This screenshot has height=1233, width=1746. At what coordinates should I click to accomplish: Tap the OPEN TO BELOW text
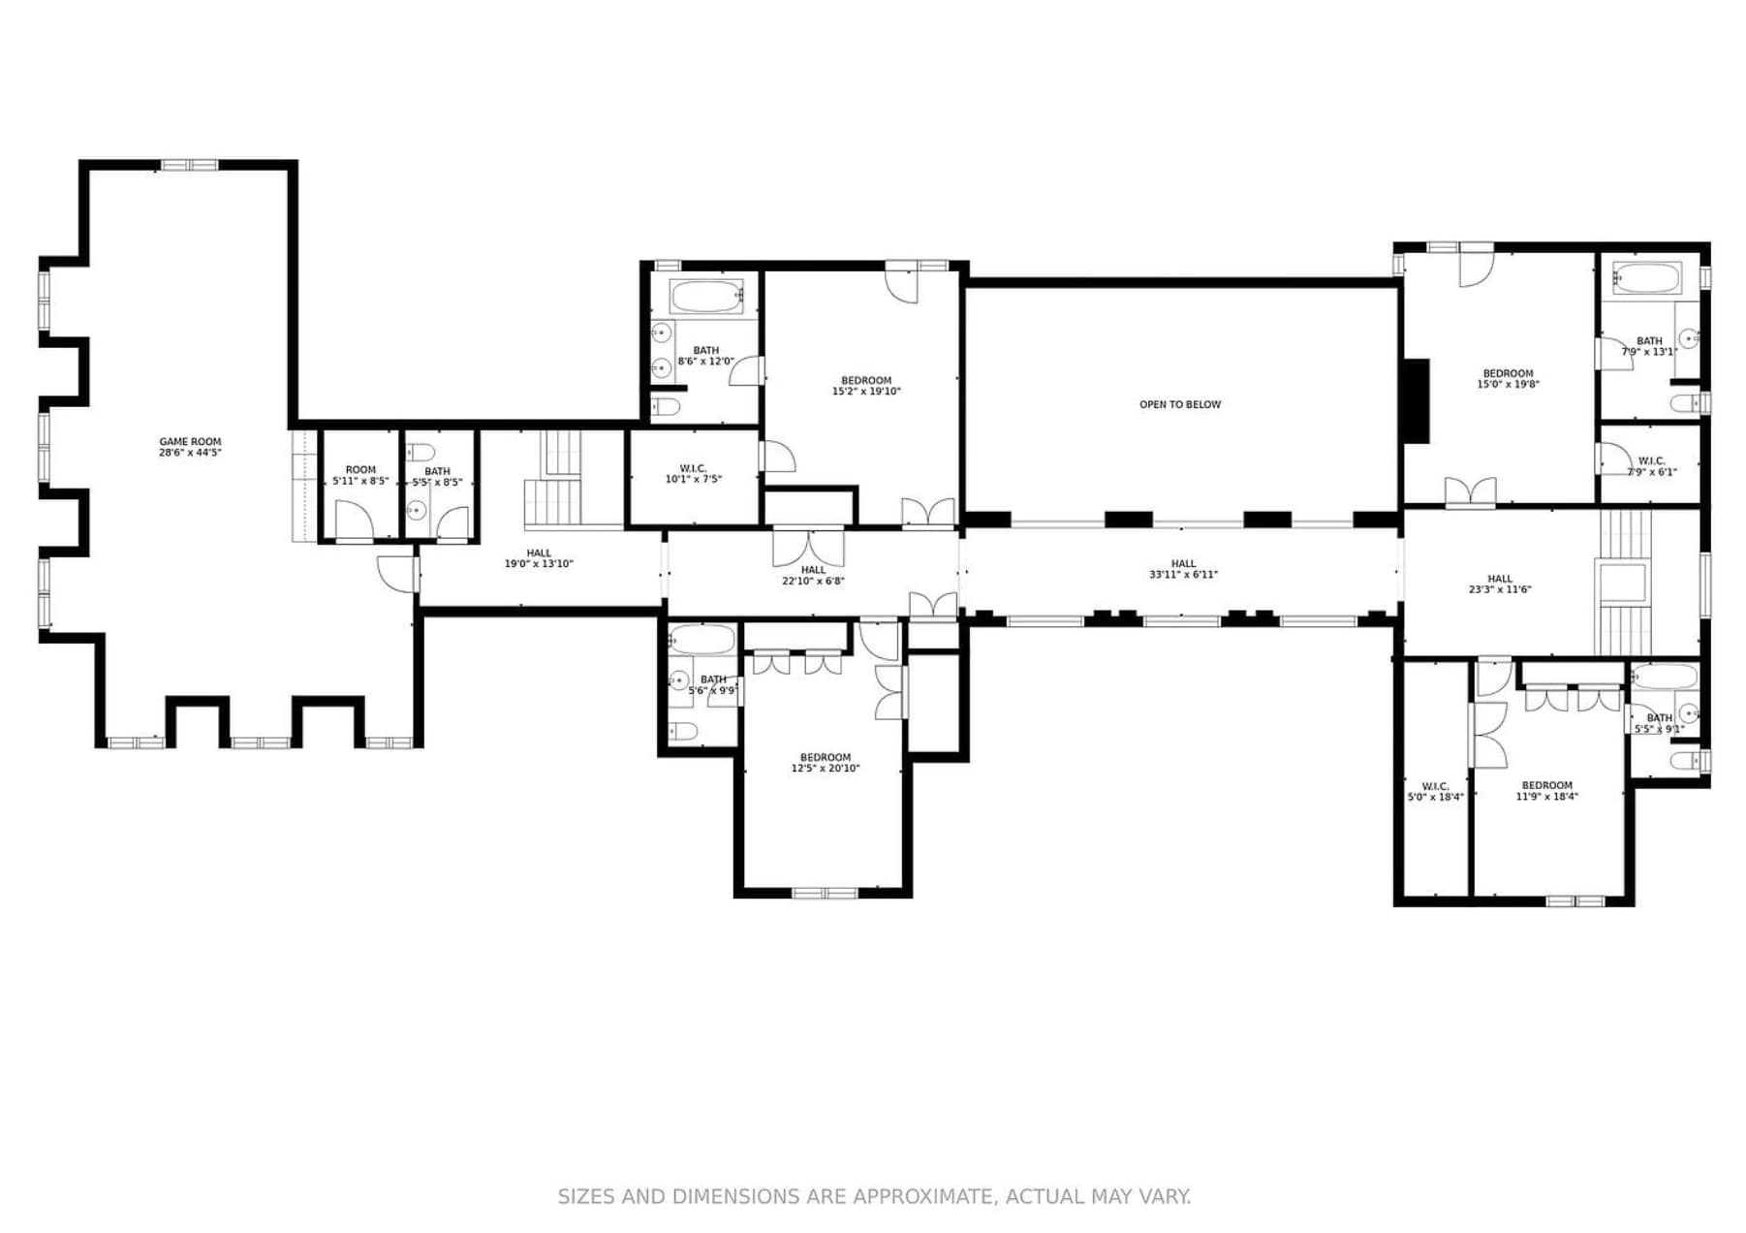(x=1180, y=404)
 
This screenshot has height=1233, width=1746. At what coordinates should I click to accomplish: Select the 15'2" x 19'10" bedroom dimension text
(x=866, y=392)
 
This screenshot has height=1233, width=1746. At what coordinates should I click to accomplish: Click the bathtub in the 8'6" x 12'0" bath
(x=706, y=296)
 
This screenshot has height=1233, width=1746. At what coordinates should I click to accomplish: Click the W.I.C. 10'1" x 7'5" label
(x=693, y=474)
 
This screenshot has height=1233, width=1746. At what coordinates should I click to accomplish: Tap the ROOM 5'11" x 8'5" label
(x=360, y=475)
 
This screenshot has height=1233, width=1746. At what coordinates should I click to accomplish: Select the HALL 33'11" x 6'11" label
(x=1183, y=569)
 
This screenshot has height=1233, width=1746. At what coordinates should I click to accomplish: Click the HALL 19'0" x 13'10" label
(x=539, y=558)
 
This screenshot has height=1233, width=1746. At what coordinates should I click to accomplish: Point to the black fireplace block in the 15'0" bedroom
(x=1416, y=401)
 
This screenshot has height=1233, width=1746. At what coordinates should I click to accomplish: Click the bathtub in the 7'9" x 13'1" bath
(x=1647, y=278)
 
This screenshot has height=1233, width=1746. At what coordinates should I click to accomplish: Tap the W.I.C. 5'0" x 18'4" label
(x=1435, y=792)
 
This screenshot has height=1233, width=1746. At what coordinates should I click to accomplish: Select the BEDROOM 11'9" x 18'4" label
(x=1546, y=791)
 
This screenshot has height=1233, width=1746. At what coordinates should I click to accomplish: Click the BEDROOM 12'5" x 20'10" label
(x=826, y=763)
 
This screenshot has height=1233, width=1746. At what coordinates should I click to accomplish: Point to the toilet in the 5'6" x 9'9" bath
(x=682, y=731)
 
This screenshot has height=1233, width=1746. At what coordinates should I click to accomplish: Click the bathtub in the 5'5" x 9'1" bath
(x=1664, y=677)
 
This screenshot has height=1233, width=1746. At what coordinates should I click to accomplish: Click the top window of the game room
(x=190, y=165)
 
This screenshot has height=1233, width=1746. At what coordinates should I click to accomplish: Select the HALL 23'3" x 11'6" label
(x=1500, y=584)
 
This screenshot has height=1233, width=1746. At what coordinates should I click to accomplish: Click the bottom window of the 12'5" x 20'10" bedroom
(x=826, y=893)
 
